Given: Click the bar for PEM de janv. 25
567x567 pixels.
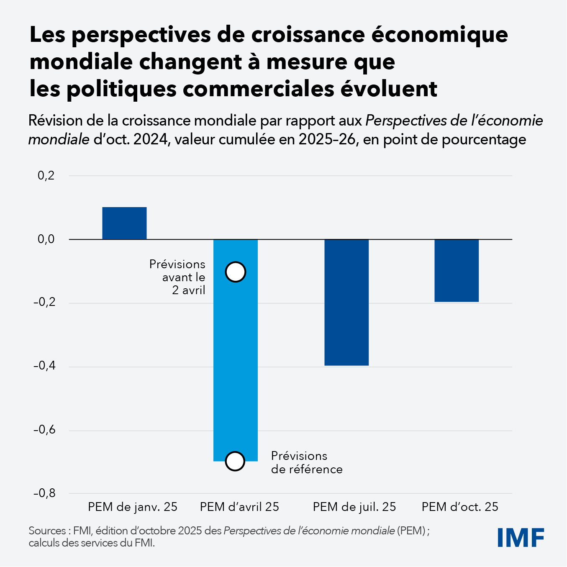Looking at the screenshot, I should [124, 223].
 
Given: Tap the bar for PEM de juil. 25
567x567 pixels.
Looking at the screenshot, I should [346, 302].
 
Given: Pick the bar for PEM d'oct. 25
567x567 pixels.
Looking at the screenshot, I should [457, 270].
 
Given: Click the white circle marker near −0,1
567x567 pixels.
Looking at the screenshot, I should [235, 272].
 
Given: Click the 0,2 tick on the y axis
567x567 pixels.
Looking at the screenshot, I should [46, 176].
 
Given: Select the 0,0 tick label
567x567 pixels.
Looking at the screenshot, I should [46, 239].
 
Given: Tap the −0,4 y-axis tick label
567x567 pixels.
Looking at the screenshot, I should [44, 366].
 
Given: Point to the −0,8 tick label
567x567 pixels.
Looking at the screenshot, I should [44, 493].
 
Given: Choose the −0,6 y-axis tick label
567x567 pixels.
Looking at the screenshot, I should [44, 430].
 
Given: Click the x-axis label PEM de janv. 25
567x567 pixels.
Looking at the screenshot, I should [133, 507].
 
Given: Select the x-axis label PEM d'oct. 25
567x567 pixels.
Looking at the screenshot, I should [460, 507].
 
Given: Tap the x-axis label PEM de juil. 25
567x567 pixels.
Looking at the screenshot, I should [354, 507].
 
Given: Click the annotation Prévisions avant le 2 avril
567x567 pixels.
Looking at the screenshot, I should [178, 277].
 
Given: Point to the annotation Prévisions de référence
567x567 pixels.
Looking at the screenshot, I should [307, 462].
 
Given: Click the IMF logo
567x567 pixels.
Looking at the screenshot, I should [521, 537].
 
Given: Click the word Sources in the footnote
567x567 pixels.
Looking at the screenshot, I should [47, 531].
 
